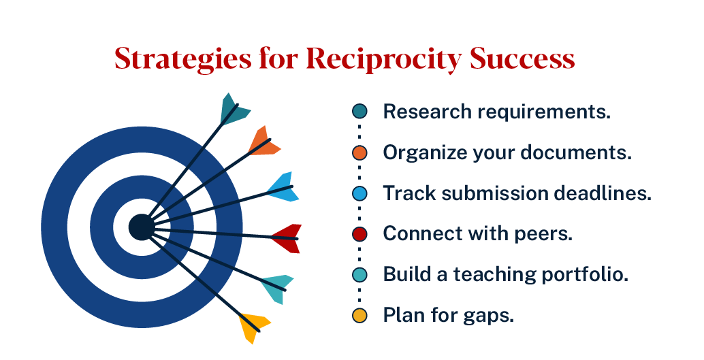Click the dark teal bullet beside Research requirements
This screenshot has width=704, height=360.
click(x=359, y=112)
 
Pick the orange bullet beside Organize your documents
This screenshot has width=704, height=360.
click(x=359, y=152)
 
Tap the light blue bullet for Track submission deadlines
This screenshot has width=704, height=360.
click(x=359, y=193)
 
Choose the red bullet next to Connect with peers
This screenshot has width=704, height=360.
click(x=359, y=234)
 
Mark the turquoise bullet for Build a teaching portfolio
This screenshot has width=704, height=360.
click(x=359, y=275)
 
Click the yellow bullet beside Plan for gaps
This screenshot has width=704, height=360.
click(x=359, y=316)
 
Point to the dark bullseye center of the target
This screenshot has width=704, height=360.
click(x=141, y=227)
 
